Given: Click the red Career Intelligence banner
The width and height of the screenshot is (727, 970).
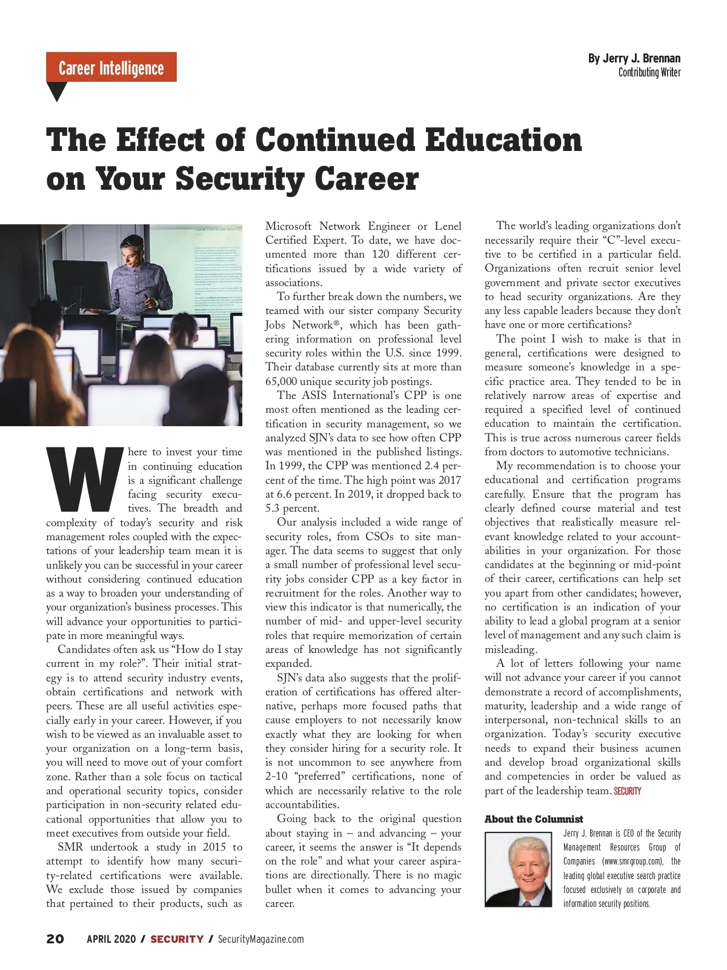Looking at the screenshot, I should point(111,67).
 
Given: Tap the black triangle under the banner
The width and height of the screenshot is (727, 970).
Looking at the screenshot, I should point(56,91).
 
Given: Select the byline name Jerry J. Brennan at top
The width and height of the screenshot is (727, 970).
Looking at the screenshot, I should point(634,58).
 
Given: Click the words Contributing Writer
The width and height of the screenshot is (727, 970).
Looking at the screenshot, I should point(649,72).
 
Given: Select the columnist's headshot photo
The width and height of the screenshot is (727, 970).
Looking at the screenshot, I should point(518,869).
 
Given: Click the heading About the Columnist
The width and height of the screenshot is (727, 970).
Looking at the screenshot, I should point(533,819).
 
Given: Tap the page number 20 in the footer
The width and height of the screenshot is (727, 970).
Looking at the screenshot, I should point(55,939).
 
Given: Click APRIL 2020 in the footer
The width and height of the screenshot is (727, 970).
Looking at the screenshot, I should point(110,939).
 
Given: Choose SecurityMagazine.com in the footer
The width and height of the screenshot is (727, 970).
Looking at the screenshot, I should point(261,939).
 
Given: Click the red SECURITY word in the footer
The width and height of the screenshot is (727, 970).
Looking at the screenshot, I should point(176,939).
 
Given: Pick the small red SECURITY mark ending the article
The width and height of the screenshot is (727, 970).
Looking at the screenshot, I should point(627,791).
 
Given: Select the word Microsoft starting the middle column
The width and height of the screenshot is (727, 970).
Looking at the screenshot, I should point(288,226).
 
